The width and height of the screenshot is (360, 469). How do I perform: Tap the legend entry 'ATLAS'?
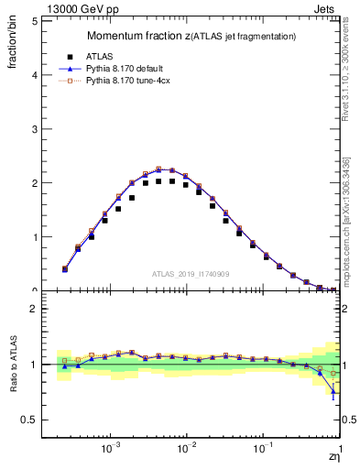(112, 56)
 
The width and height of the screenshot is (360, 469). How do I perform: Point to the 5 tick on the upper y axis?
(34, 20)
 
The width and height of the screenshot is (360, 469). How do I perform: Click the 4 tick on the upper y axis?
(34, 74)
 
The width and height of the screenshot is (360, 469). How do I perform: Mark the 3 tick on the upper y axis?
(34, 128)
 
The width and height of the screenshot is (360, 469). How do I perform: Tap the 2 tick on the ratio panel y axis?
(34, 309)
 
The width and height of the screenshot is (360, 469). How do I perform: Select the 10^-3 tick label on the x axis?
(112, 450)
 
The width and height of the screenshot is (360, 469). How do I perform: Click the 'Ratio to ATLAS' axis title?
(13, 364)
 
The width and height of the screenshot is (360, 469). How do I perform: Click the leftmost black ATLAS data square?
(64, 269)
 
